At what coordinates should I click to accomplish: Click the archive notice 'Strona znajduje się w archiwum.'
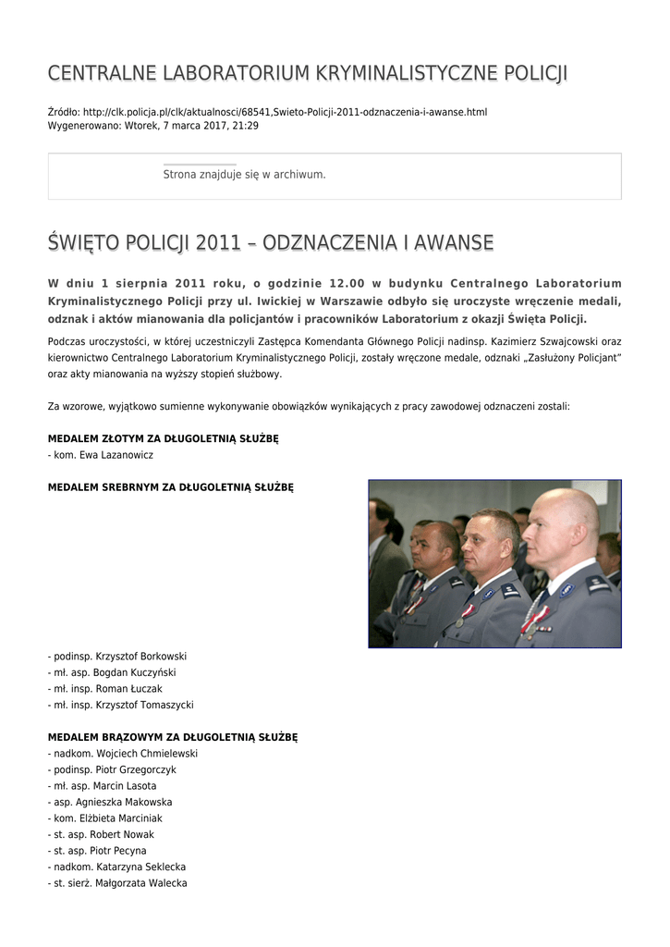pos(244,174)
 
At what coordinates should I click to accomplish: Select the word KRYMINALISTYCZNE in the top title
pos(393,73)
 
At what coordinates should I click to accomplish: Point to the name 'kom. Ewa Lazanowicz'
pos(103,455)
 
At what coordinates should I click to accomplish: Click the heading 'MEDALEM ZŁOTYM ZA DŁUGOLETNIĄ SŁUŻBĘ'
pos(163,438)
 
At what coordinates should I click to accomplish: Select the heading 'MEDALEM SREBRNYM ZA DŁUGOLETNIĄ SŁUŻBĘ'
pos(170,487)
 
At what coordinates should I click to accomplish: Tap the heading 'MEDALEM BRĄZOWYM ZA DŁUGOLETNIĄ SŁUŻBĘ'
pos(172,737)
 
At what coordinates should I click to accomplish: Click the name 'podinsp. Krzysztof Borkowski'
pos(119,657)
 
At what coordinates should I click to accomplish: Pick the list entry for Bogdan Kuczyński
pos(114,672)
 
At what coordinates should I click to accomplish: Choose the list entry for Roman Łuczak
pos(107,689)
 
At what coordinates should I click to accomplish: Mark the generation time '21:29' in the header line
pos(246,126)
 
